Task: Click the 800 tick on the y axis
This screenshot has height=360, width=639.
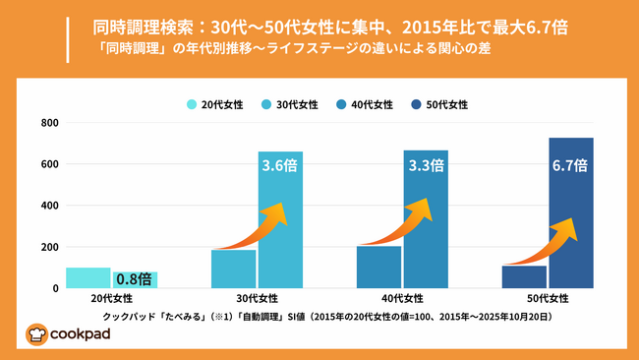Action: tap(49, 123)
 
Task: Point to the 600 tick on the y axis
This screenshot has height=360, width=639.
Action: tap(49, 164)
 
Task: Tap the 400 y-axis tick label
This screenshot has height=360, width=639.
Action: tap(49, 206)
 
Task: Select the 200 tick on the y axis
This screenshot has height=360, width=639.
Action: tap(49, 247)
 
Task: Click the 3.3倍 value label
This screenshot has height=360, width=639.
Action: tap(426, 166)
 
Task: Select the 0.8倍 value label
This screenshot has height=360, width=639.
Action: tap(135, 279)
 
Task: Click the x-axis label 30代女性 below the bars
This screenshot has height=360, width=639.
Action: tap(257, 299)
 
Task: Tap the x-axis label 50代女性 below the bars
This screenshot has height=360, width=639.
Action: tap(547, 299)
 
